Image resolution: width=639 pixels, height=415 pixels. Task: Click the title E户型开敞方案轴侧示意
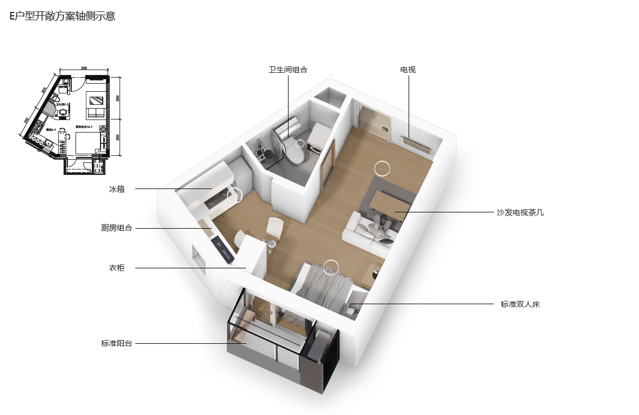pyautogui.click(x=62, y=16)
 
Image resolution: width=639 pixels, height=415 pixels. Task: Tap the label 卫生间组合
pyautogui.click(x=288, y=70)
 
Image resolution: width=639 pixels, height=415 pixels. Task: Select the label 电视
pyautogui.click(x=408, y=70)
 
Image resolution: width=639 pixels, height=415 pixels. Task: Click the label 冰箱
pyautogui.click(x=117, y=189)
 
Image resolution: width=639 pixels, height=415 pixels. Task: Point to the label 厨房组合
pyautogui.click(x=117, y=228)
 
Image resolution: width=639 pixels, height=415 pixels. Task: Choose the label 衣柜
pyautogui.click(x=117, y=268)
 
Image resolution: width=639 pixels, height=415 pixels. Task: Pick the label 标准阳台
pyautogui.click(x=117, y=343)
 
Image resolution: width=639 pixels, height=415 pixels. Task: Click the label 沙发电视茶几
pyautogui.click(x=520, y=212)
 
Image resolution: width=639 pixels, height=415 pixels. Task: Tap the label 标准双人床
pyautogui.click(x=520, y=304)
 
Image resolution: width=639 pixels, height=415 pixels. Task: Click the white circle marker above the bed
pyautogui.click(x=330, y=267)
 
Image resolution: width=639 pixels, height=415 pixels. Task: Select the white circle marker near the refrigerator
pyautogui.click(x=235, y=195)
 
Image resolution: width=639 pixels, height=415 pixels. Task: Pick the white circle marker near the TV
pyautogui.click(x=382, y=168)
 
